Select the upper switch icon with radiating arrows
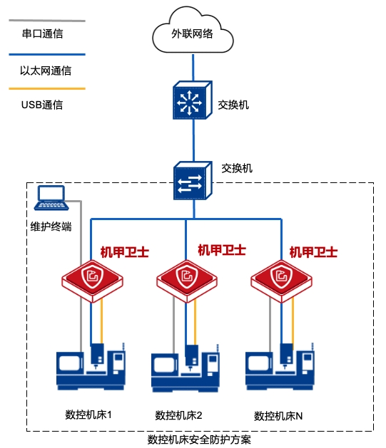192,100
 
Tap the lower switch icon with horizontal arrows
193,181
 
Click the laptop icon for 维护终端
51,198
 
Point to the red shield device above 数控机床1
92,281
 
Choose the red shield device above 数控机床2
186,281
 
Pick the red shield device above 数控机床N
281,281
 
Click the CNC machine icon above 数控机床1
91,367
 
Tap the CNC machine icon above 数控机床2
186,368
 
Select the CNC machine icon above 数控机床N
280,367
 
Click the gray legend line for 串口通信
47,21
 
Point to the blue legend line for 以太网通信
47,54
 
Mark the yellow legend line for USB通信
47,88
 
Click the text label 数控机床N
278,416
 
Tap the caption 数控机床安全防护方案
199,440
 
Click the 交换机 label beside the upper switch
233,105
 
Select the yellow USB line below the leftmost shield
101,321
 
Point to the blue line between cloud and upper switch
193,68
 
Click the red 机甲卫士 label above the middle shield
222,250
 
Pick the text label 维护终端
51,226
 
